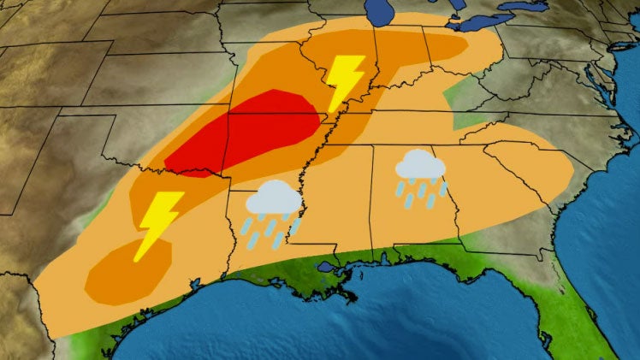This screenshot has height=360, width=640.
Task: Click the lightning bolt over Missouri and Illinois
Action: point(344,82)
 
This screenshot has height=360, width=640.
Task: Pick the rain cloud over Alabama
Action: point(419,165)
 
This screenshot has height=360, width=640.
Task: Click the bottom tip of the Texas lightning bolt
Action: point(137,259)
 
